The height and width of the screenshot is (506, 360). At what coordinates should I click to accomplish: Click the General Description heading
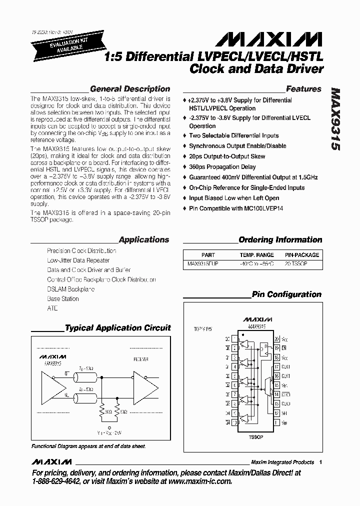[130, 89]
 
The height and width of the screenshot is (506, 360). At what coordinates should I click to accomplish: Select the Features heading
[303, 89]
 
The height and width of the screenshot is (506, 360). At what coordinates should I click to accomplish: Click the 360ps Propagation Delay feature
[222, 167]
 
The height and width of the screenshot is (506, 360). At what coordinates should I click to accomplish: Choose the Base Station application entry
[63, 298]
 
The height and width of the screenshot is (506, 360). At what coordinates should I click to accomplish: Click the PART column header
[208, 254]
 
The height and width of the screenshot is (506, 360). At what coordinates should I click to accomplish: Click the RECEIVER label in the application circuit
[141, 358]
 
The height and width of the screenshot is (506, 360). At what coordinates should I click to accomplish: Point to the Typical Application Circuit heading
[118, 328]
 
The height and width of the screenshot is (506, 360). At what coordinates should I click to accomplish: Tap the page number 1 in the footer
[320, 462]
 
